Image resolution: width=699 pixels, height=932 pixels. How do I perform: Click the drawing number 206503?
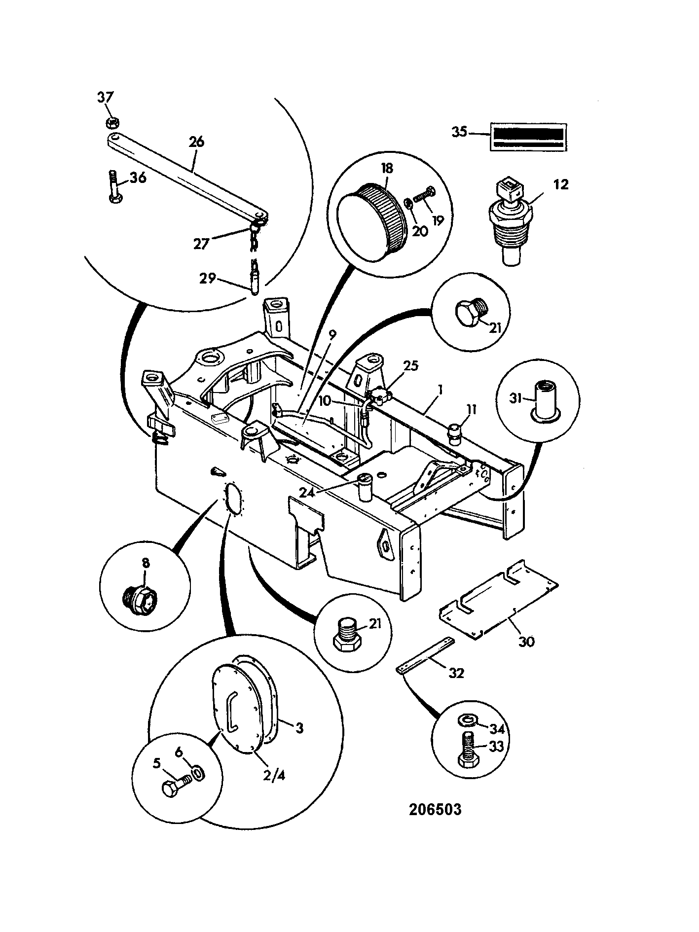(435, 810)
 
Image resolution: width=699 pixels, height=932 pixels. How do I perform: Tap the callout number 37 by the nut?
(105, 97)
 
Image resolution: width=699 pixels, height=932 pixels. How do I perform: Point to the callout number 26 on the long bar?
(196, 142)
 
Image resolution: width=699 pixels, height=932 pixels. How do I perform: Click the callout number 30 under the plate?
(527, 642)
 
